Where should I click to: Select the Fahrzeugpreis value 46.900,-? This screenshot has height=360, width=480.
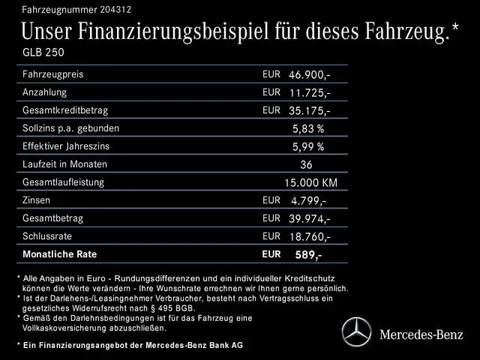(x=310, y=76)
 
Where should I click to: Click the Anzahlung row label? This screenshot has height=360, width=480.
(x=44, y=92)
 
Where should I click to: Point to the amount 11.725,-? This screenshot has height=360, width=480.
(x=310, y=93)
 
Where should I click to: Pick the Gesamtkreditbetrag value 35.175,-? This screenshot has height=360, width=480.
(x=310, y=111)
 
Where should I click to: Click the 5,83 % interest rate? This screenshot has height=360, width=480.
(x=308, y=128)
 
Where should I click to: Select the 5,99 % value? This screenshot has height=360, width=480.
(x=308, y=146)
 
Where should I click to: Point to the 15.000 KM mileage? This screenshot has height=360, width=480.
(x=310, y=182)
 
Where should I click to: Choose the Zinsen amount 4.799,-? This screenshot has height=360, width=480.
(x=307, y=201)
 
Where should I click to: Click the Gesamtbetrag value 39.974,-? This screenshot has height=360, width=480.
(x=310, y=219)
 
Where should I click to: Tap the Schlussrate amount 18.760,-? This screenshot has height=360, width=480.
(x=310, y=237)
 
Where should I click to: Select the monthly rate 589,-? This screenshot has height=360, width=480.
(x=308, y=255)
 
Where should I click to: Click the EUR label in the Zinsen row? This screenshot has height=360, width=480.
(x=271, y=199)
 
